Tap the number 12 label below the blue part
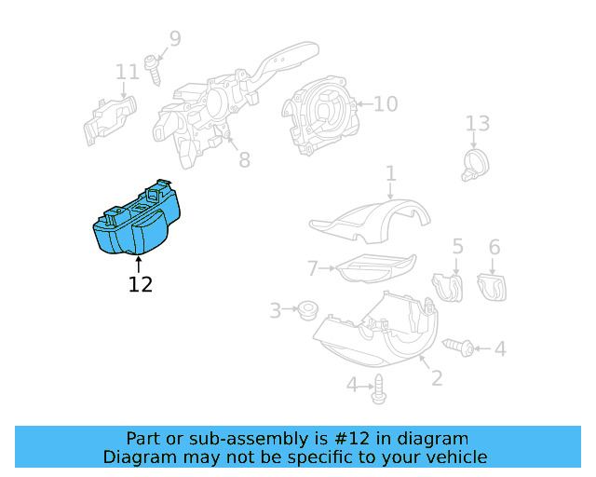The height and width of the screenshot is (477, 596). pyautogui.click(x=140, y=284)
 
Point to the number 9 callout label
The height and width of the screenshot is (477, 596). pyautogui.click(x=174, y=39)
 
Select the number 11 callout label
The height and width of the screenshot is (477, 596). pyautogui.click(x=127, y=72)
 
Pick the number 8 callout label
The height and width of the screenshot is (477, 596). pyautogui.click(x=244, y=160)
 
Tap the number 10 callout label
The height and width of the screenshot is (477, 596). pyautogui.click(x=385, y=103)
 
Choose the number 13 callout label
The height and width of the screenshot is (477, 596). pyautogui.click(x=477, y=124)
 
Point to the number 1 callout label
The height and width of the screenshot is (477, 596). pyautogui.click(x=391, y=173)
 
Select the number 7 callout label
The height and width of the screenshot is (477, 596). pyautogui.click(x=313, y=269)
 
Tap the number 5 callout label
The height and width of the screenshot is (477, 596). pyautogui.click(x=457, y=246)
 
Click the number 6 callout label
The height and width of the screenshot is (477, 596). pyautogui.click(x=494, y=246)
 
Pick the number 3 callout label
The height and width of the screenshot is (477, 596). pyautogui.click(x=275, y=310)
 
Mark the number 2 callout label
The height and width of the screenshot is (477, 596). pyautogui.click(x=435, y=378)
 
